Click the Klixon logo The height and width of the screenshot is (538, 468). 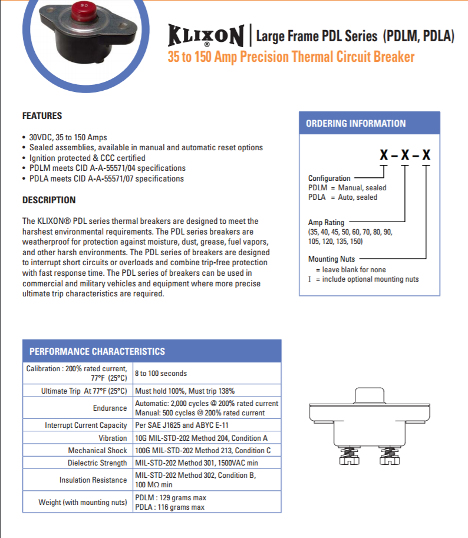point(206,36)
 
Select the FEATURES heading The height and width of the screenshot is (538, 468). point(42,116)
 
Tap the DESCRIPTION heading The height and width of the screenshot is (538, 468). point(49,200)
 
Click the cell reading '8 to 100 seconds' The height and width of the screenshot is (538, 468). point(161,373)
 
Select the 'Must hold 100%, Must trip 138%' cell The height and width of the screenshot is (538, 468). point(185,391)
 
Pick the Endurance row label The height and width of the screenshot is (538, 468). point(110,408)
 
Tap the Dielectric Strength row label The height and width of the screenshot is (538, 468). point(97,463)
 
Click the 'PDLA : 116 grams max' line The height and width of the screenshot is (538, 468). point(170,507)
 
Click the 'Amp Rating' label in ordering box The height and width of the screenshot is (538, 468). point(326,222)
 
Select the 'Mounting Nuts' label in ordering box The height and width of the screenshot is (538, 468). point(331,259)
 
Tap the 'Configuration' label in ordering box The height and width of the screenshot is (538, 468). point(329,178)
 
